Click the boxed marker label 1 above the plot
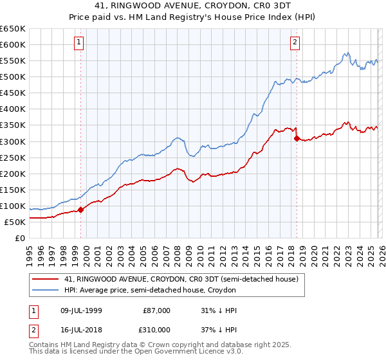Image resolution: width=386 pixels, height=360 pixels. click(80, 43)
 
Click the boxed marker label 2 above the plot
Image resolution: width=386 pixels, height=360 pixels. click(295, 43)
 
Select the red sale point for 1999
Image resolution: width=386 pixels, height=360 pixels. click(80, 210)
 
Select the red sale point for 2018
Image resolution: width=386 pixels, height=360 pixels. click(296, 138)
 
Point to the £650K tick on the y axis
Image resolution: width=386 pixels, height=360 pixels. click(13, 29)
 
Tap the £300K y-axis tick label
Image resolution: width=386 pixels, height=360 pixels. click(13, 141)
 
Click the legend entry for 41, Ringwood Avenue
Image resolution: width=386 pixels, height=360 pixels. click(181, 280)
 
